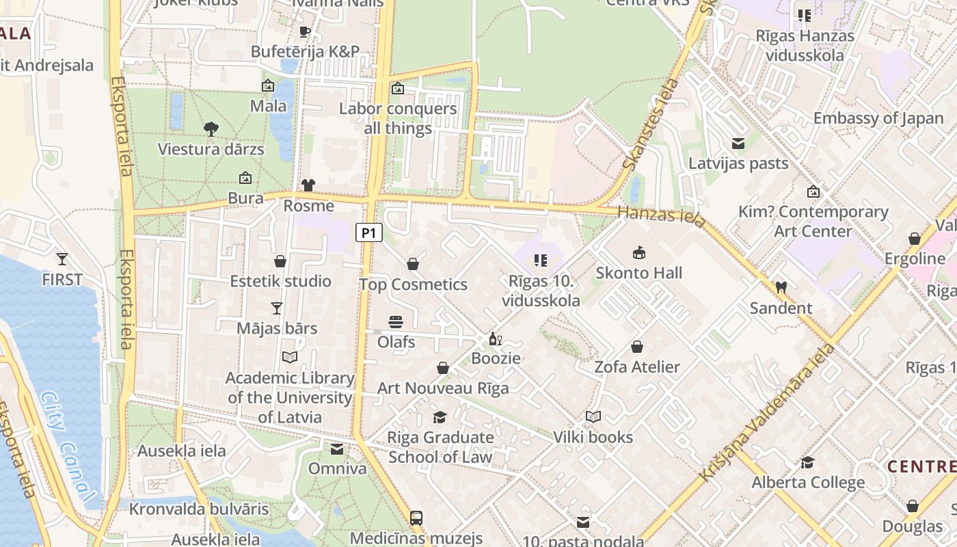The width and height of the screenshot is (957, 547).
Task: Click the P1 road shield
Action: pyautogui.click(x=368, y=233)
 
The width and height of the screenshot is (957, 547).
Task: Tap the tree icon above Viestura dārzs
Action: pyautogui.click(x=211, y=129)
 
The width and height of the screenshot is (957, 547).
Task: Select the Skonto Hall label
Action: pyautogui.click(x=638, y=273)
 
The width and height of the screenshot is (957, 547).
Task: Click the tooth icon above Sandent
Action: pyautogui.click(x=781, y=288)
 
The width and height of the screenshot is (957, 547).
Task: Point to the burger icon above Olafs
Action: pyautogui.click(x=396, y=322)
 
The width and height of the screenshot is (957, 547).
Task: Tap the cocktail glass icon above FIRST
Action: pyautogui.click(x=62, y=259)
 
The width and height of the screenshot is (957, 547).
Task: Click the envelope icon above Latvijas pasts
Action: pyautogui.click(x=738, y=144)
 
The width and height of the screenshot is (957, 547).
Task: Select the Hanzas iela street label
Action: pyautogui.click(x=660, y=216)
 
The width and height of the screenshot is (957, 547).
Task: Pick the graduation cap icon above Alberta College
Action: pyautogui.click(x=807, y=463)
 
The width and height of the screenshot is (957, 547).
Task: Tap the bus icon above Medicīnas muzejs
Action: pyautogui.click(x=416, y=518)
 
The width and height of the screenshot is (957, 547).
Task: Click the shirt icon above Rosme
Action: pyautogui.click(x=308, y=185)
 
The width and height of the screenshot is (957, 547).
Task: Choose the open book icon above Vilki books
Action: pyautogui.click(x=593, y=417)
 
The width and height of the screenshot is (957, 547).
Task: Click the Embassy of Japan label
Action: pyautogui.click(x=878, y=118)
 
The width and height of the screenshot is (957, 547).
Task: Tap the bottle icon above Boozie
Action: pyautogui.click(x=496, y=338)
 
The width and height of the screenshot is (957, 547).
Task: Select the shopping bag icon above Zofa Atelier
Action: pyautogui.click(x=637, y=347)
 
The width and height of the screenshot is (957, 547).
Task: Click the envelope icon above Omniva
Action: pyautogui.click(x=337, y=449)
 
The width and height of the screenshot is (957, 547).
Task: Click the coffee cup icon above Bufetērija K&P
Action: pyautogui.click(x=305, y=31)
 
